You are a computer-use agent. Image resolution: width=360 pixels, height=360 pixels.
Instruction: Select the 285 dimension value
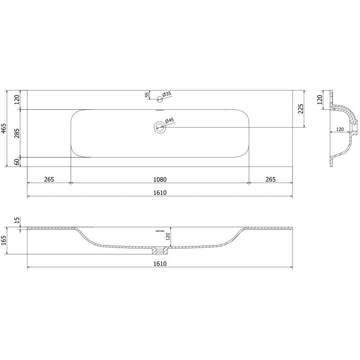[17, 133]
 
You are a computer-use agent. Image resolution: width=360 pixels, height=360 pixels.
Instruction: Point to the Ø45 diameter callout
[170, 121]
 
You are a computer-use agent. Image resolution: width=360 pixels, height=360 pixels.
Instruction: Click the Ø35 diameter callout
[166, 94]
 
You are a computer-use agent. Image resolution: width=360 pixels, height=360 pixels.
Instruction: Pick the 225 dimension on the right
[301, 109]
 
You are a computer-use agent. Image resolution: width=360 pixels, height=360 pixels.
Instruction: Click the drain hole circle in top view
[159, 127]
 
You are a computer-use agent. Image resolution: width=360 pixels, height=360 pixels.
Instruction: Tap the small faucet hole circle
[159, 99]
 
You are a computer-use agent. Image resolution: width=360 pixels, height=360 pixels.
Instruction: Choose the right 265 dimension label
[270, 179]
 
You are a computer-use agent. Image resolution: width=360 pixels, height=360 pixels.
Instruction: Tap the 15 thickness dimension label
[17, 220]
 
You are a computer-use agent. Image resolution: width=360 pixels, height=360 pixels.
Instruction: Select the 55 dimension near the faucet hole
[147, 94]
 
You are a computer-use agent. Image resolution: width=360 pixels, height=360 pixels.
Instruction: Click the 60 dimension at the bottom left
[17, 162]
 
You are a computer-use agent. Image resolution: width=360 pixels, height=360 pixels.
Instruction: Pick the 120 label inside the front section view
[167, 237]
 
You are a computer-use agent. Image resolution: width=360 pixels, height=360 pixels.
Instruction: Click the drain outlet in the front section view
[159, 249]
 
